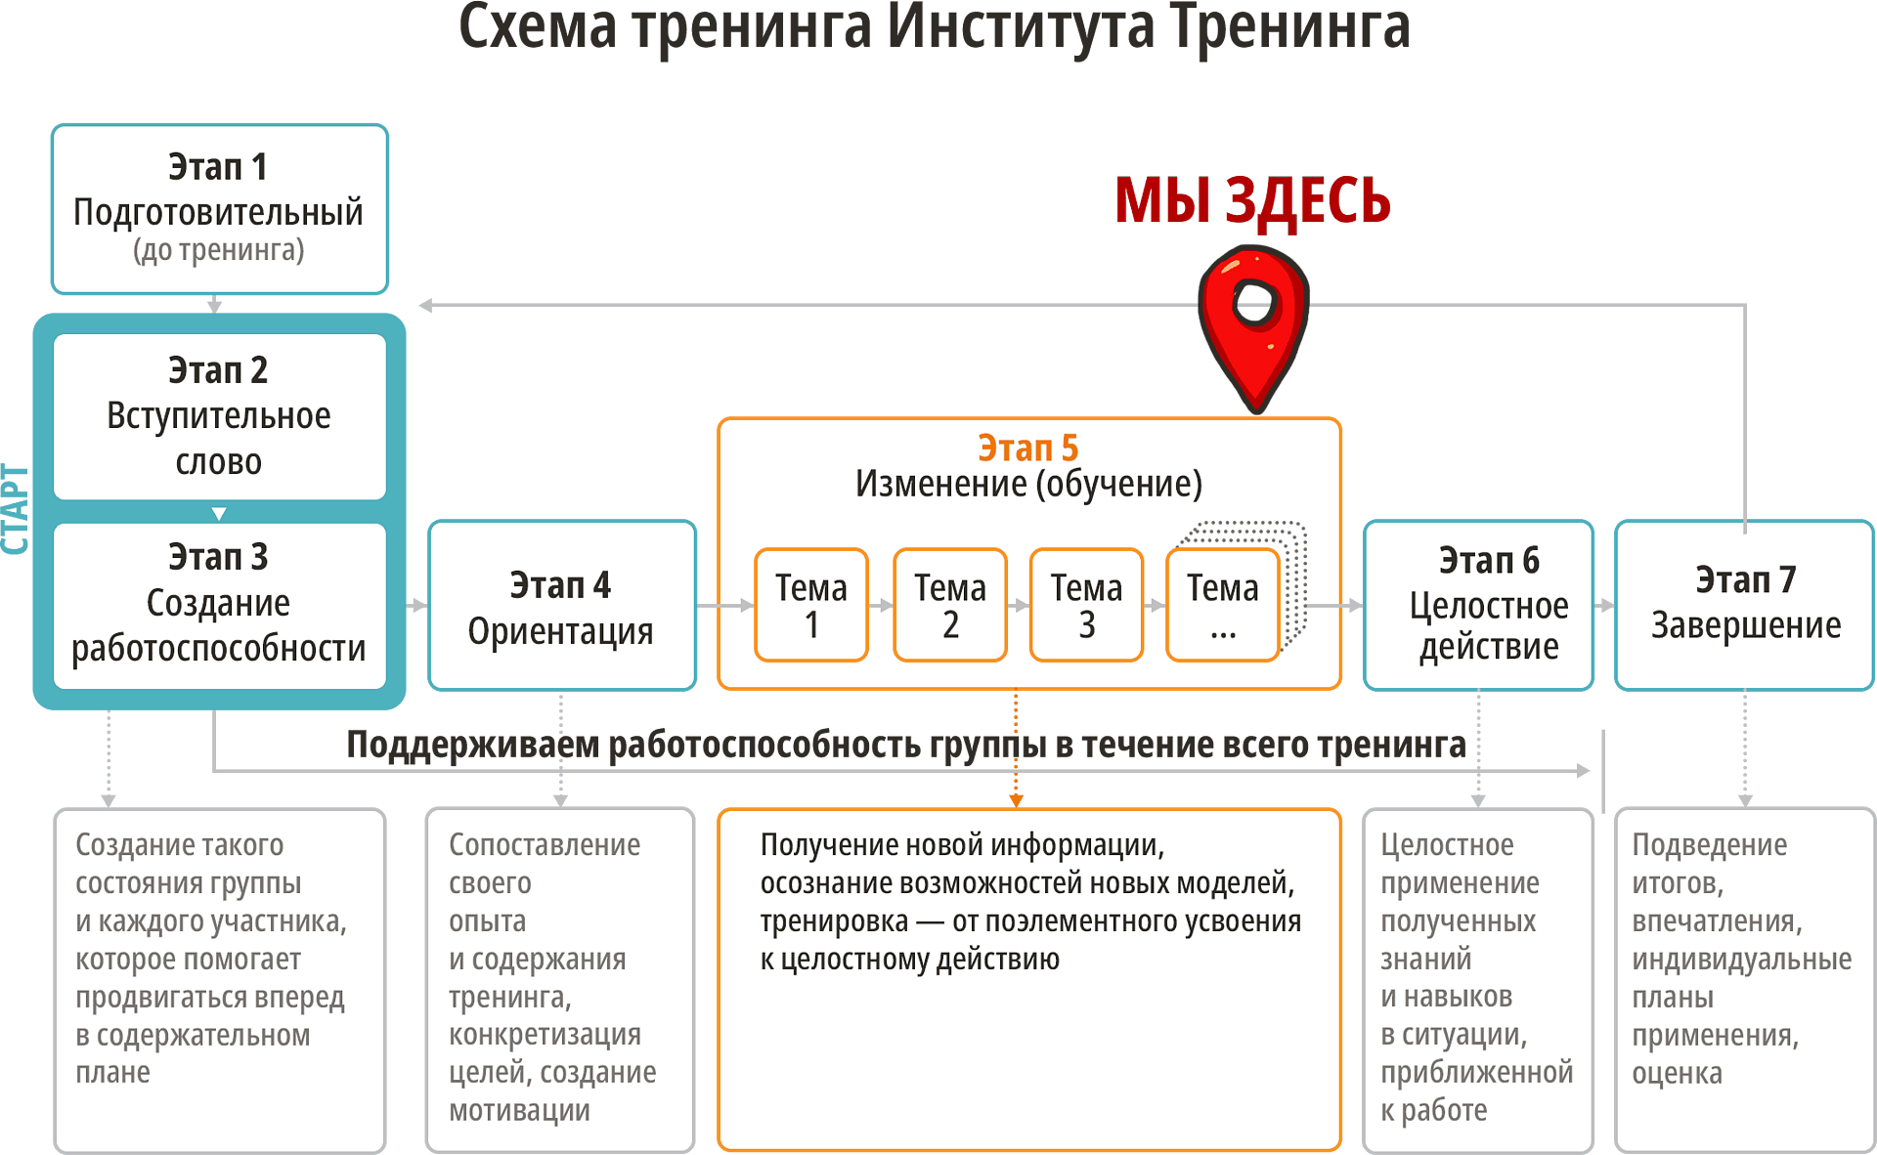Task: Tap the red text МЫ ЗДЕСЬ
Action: click(x=1252, y=200)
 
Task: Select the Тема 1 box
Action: click(x=811, y=605)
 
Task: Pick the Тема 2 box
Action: click(x=949, y=605)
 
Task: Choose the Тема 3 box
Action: click(x=1086, y=605)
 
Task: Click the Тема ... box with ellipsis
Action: click(x=1222, y=605)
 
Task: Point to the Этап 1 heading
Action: click(x=218, y=167)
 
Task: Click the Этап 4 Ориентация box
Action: click(x=562, y=606)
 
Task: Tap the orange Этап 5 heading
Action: click(x=1027, y=449)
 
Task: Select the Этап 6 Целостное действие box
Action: click(x=1478, y=605)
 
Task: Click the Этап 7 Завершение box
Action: click(x=1744, y=605)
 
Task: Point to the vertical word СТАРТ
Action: click(x=17, y=510)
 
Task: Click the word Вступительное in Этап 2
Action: click(x=218, y=416)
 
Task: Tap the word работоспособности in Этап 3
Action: click(x=218, y=649)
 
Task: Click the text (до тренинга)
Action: click(x=218, y=250)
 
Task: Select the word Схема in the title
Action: click(x=538, y=27)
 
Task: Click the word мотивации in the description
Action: click(x=519, y=1111)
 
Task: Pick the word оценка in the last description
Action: click(x=1677, y=1073)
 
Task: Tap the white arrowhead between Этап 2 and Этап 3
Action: click(x=219, y=513)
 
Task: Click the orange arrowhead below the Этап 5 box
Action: click(x=1016, y=800)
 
